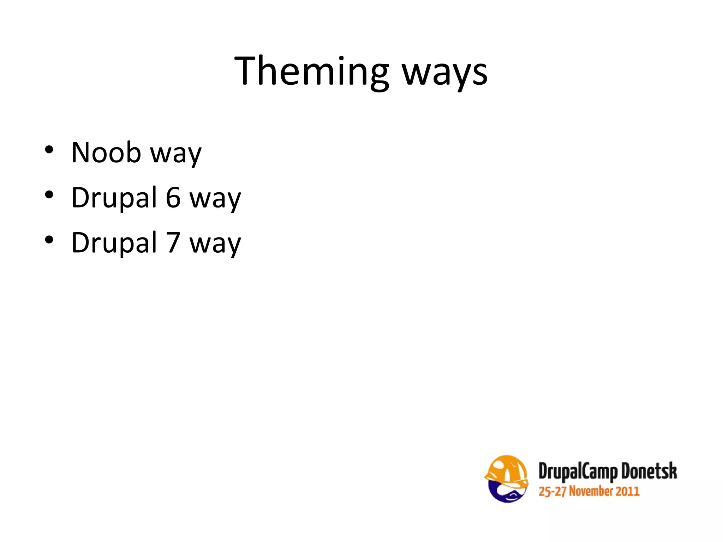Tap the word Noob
pos(106,152)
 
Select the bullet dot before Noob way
pos(49,150)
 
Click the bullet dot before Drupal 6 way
pos(49,195)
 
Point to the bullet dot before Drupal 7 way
pos(49,240)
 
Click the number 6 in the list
pos(173,198)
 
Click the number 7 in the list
pos(173,243)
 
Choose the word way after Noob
pos(176,154)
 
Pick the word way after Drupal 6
pos(215,199)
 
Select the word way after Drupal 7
pos(215,245)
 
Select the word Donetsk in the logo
pos(649,471)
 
